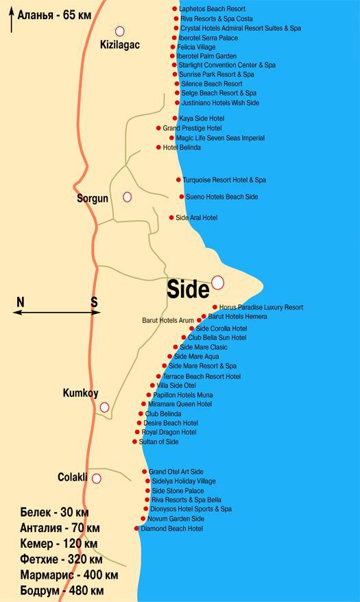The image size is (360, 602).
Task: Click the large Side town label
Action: (x=188, y=290)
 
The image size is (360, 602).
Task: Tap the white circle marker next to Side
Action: (x=217, y=282)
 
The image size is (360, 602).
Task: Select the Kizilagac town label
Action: (x=119, y=45)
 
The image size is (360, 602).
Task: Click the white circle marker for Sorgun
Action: (x=127, y=197)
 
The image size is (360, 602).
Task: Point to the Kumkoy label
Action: (x=80, y=394)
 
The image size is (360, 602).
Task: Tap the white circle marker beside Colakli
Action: (x=97, y=479)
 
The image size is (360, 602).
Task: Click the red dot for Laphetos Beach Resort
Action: (x=176, y=9)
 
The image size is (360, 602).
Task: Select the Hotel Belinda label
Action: (x=182, y=147)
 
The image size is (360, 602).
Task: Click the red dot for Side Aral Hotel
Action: (x=171, y=217)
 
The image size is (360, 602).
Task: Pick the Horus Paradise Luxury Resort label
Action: (x=261, y=307)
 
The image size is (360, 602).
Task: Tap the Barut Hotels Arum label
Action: (x=168, y=320)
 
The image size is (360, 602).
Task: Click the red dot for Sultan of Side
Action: (x=134, y=442)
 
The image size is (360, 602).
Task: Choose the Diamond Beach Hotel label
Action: (x=171, y=529)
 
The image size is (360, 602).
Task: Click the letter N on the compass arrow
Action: (x=21, y=302)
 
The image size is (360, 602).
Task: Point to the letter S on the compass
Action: (x=94, y=302)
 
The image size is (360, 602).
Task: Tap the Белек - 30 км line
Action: (x=55, y=513)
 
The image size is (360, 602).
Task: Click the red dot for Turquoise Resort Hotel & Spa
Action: (x=178, y=180)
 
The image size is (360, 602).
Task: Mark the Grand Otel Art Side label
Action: (x=176, y=472)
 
